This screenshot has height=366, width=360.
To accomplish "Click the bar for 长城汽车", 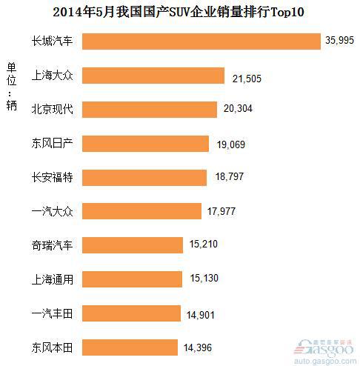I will (x=200, y=41).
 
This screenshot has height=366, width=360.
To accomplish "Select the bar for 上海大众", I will (x=153, y=76).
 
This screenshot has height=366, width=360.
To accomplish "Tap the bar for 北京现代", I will (x=150, y=110).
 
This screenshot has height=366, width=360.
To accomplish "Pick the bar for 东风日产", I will (x=147, y=144).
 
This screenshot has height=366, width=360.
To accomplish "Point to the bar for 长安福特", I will (x=144, y=177).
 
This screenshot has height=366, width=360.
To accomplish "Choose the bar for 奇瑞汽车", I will (x=132, y=244).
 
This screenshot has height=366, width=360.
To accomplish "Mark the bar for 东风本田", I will (x=130, y=346).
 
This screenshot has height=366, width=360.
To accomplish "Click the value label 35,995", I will (x=341, y=42).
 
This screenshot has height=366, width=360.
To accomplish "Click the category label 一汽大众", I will (x=52, y=211).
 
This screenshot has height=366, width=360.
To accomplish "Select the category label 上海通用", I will (x=52, y=279).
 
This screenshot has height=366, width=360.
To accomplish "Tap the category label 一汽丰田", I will (x=52, y=312).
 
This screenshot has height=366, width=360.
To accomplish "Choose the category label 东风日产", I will (x=52, y=144).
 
